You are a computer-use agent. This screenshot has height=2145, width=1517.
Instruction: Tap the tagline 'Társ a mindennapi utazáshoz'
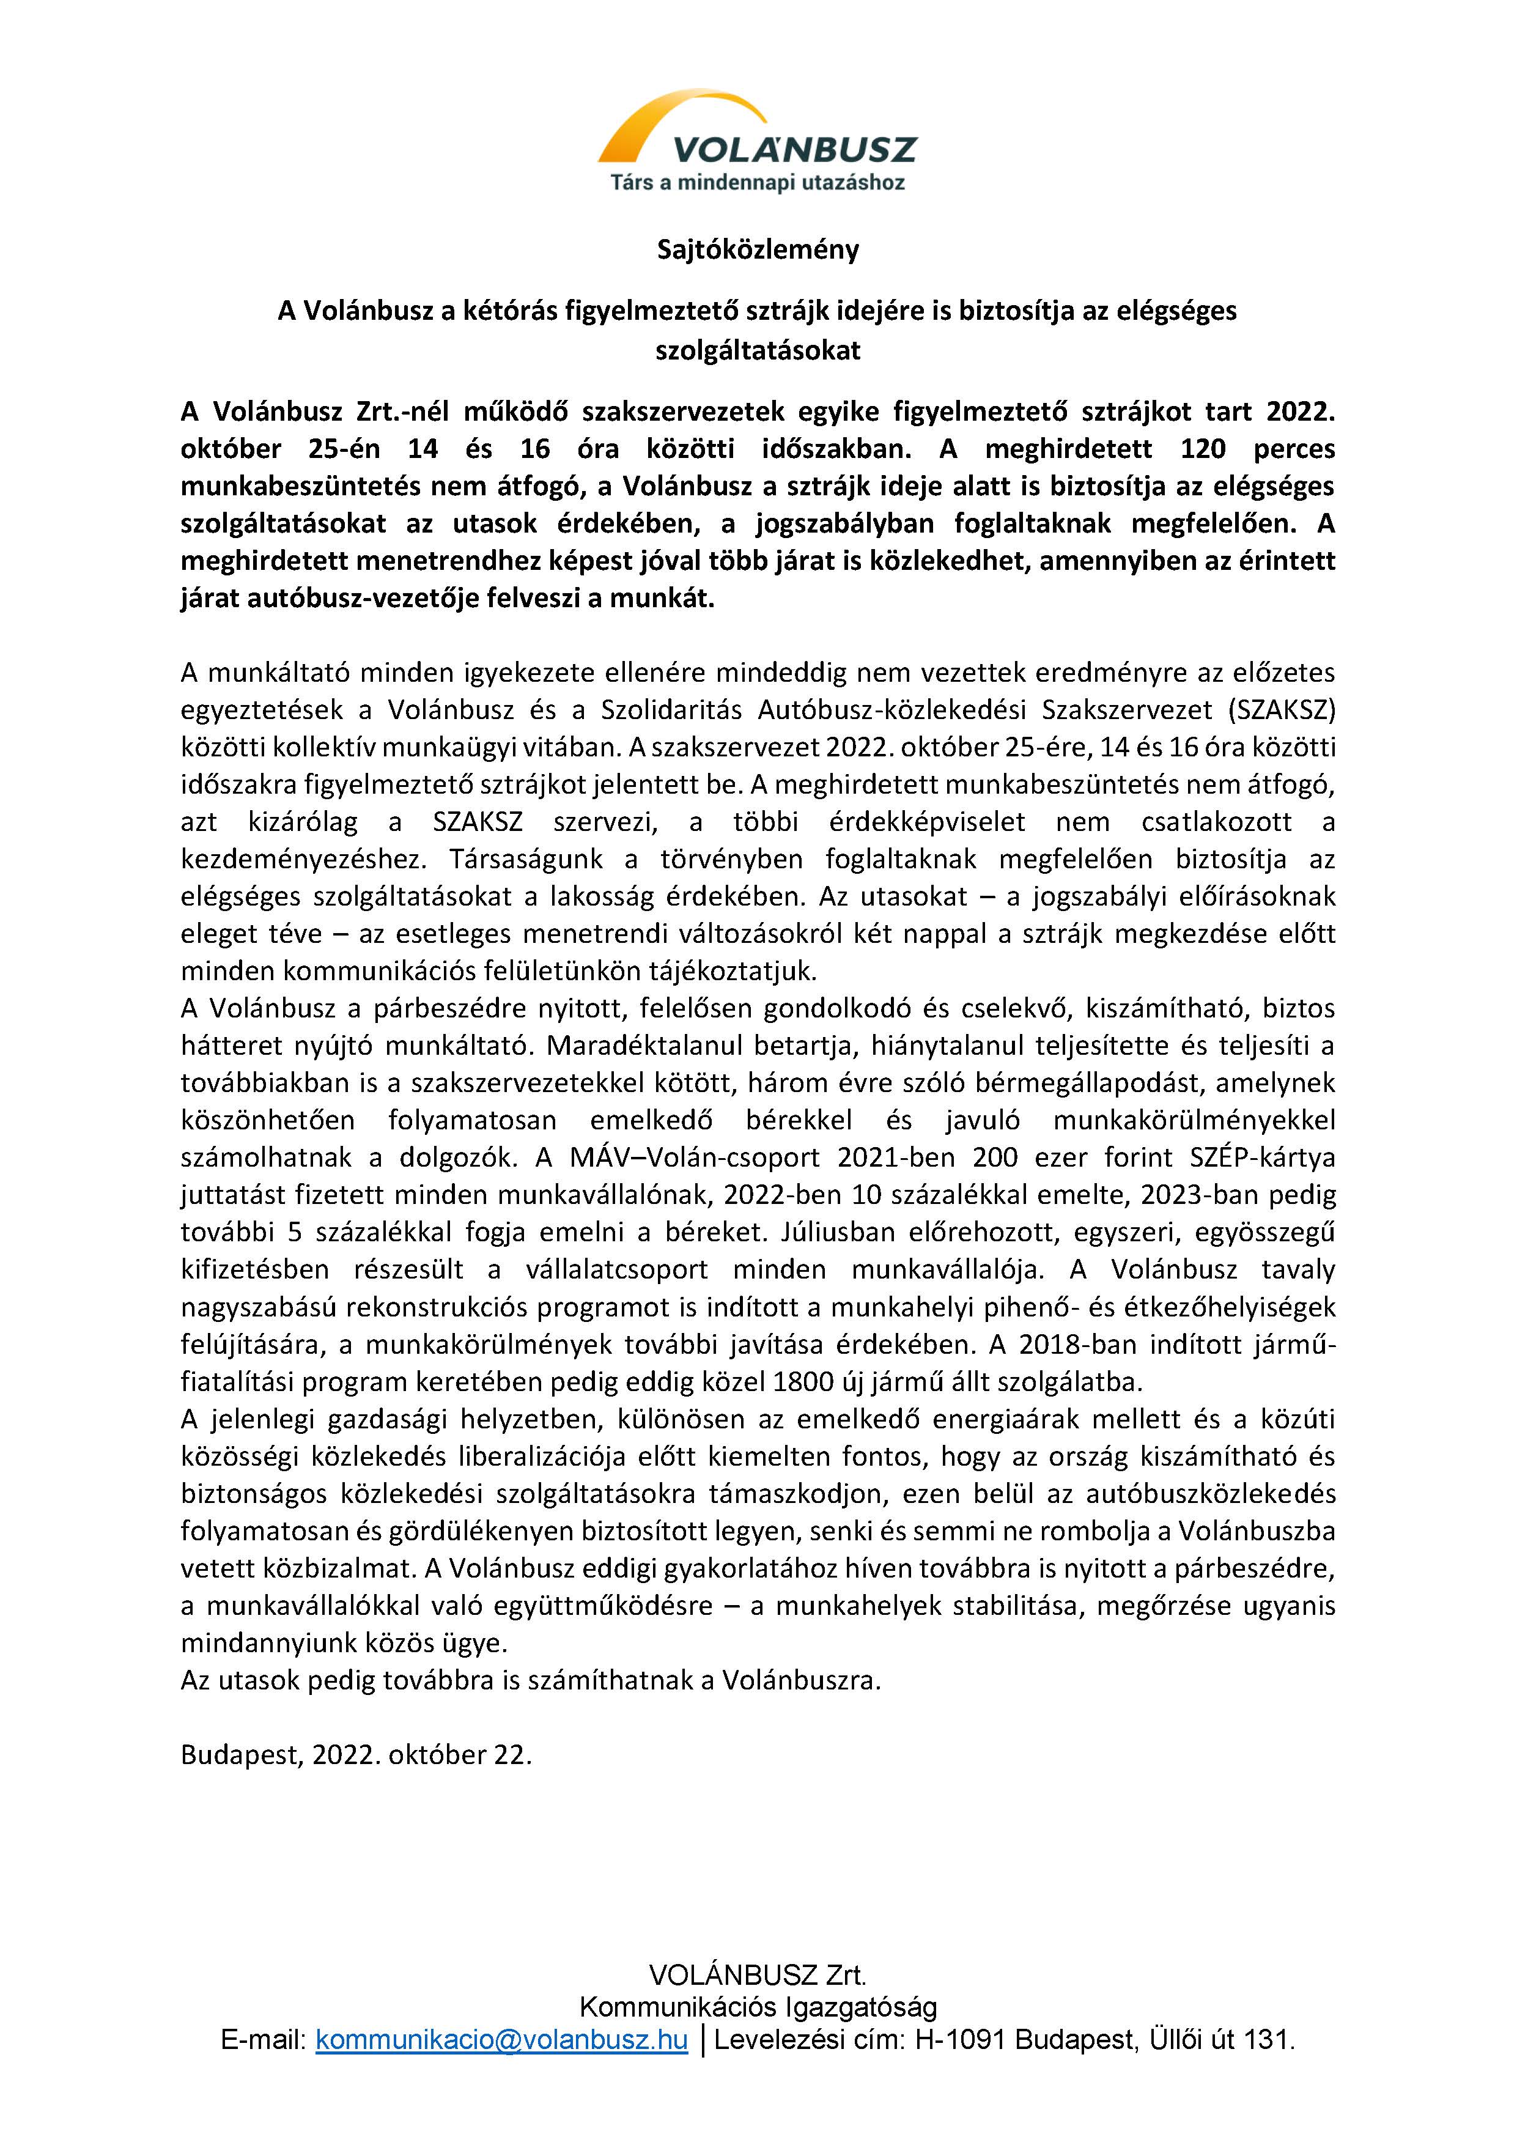tap(758, 183)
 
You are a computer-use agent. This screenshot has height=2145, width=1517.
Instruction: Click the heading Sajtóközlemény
tap(758, 250)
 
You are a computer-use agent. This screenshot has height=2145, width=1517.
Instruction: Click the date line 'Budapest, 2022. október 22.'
tap(356, 1756)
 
